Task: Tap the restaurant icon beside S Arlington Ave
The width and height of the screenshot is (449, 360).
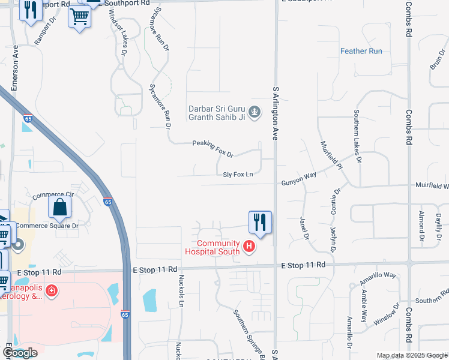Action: point(260,222)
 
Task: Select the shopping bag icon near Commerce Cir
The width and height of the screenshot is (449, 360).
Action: point(60,208)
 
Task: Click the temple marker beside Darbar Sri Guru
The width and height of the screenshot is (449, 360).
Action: point(255,112)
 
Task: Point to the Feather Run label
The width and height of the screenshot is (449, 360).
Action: point(361,51)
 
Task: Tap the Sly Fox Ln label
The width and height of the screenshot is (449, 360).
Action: point(238,175)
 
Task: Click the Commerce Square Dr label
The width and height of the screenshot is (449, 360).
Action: point(47,226)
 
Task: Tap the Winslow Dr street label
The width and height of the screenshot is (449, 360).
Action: point(386,314)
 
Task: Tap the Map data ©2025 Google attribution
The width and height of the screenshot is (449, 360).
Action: point(412,355)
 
